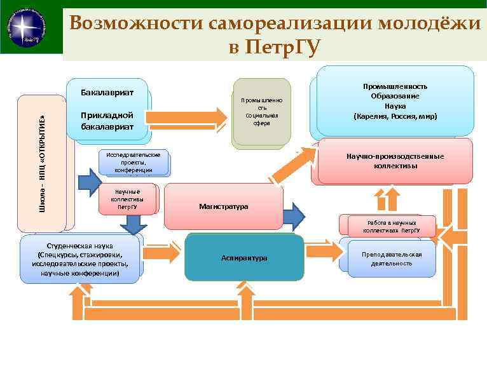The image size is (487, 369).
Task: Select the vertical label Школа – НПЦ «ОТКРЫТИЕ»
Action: (42, 163)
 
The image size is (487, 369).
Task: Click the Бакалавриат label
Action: (107, 93)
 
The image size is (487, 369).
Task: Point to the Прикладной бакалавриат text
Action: (107, 121)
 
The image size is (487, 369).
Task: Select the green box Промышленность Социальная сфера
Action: (262, 112)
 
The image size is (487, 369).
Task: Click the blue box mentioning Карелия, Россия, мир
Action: (395, 102)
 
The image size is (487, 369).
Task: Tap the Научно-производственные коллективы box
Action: (395, 161)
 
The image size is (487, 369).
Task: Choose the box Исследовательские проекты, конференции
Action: (134, 163)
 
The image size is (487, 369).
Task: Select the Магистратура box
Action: (223, 206)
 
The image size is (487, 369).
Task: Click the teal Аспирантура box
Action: (244, 258)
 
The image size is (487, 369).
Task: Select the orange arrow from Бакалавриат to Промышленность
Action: (187, 117)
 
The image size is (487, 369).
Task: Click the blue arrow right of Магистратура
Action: (294, 215)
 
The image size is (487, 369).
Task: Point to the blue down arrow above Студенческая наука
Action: (133, 224)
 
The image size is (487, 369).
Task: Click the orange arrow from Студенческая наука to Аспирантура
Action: (163, 253)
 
